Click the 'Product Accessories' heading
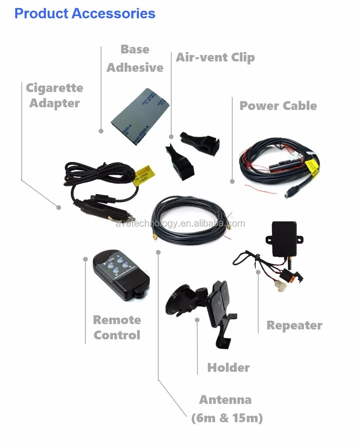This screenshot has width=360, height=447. [85, 13]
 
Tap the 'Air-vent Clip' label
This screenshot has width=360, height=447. [215, 58]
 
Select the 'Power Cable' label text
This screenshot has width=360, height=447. [278, 106]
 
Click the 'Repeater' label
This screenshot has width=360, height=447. [294, 325]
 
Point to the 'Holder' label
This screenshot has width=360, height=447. [228, 368]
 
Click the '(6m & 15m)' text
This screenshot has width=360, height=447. [227, 418]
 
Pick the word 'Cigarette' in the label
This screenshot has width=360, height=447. [54, 88]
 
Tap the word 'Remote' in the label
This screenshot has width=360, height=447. [117, 320]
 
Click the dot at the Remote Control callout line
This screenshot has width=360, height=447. [85, 259]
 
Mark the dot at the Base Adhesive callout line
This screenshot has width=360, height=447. [101, 131]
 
